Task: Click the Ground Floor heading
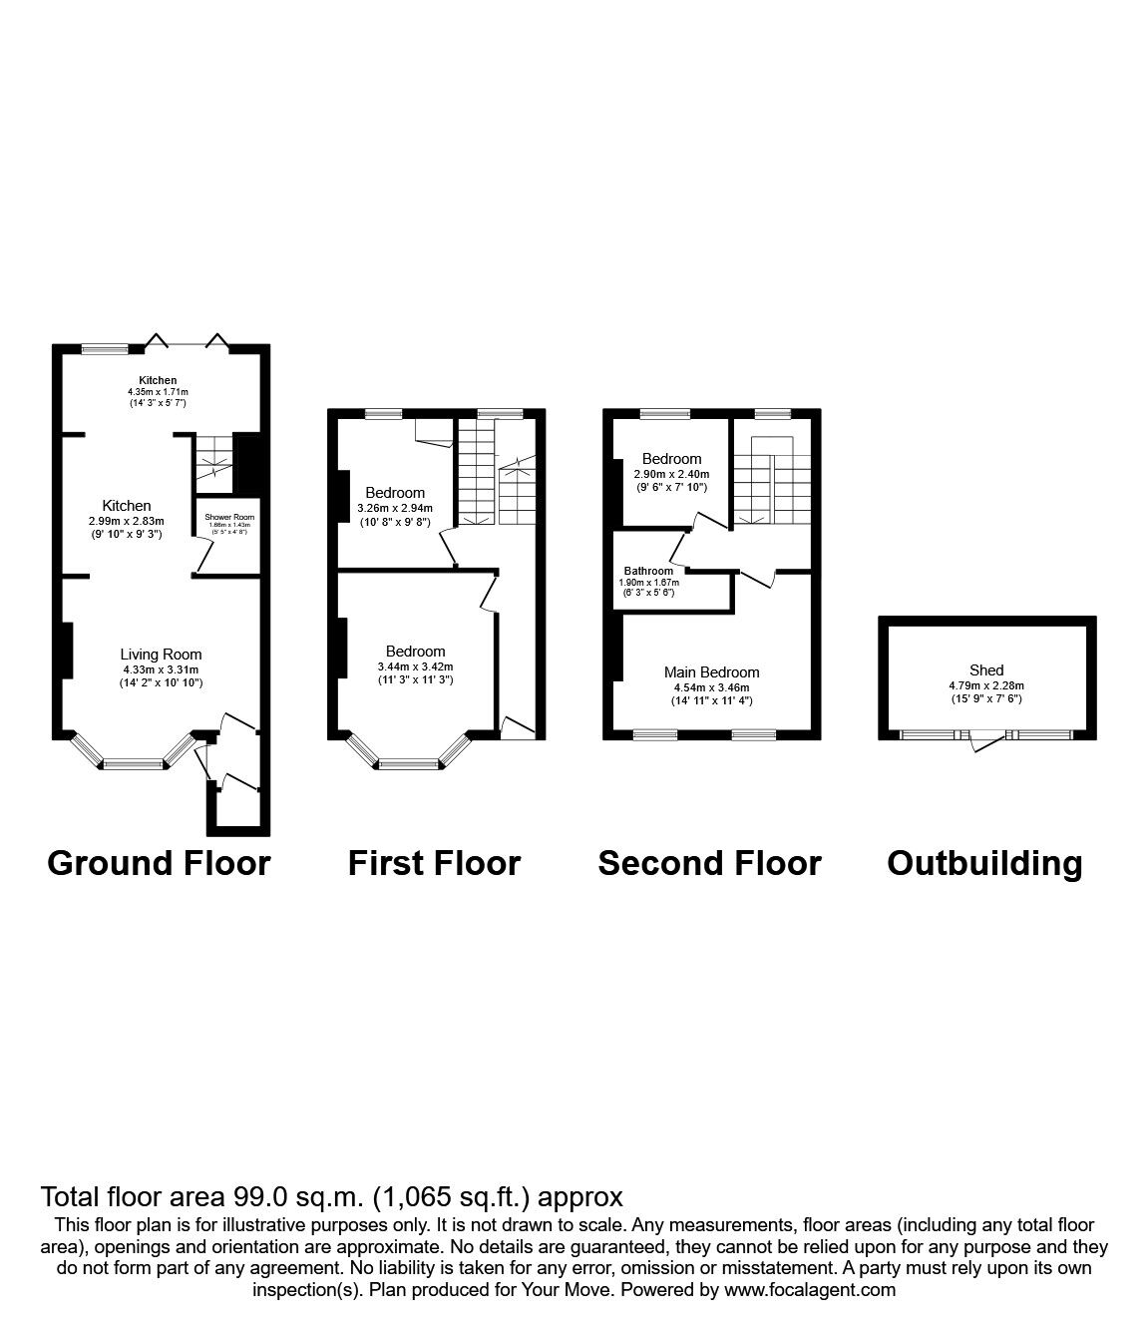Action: click(x=159, y=863)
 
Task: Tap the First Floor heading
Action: click(x=434, y=863)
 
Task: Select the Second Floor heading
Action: click(x=709, y=863)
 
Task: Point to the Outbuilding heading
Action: click(x=984, y=863)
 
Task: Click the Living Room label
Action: click(x=162, y=655)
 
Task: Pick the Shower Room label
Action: click(x=229, y=517)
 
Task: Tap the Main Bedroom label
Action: click(x=712, y=672)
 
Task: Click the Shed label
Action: click(x=985, y=670)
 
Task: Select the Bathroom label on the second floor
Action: click(x=648, y=571)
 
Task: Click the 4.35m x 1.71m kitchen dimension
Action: click(x=158, y=392)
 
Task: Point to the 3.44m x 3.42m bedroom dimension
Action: click(x=415, y=666)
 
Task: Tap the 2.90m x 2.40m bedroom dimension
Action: click(x=671, y=474)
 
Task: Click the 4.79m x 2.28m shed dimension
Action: click(x=985, y=685)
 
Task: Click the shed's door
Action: click(x=987, y=740)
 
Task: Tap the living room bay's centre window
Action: click(x=133, y=764)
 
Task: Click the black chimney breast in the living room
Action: click(x=67, y=651)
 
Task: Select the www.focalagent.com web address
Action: click(x=809, y=1290)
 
